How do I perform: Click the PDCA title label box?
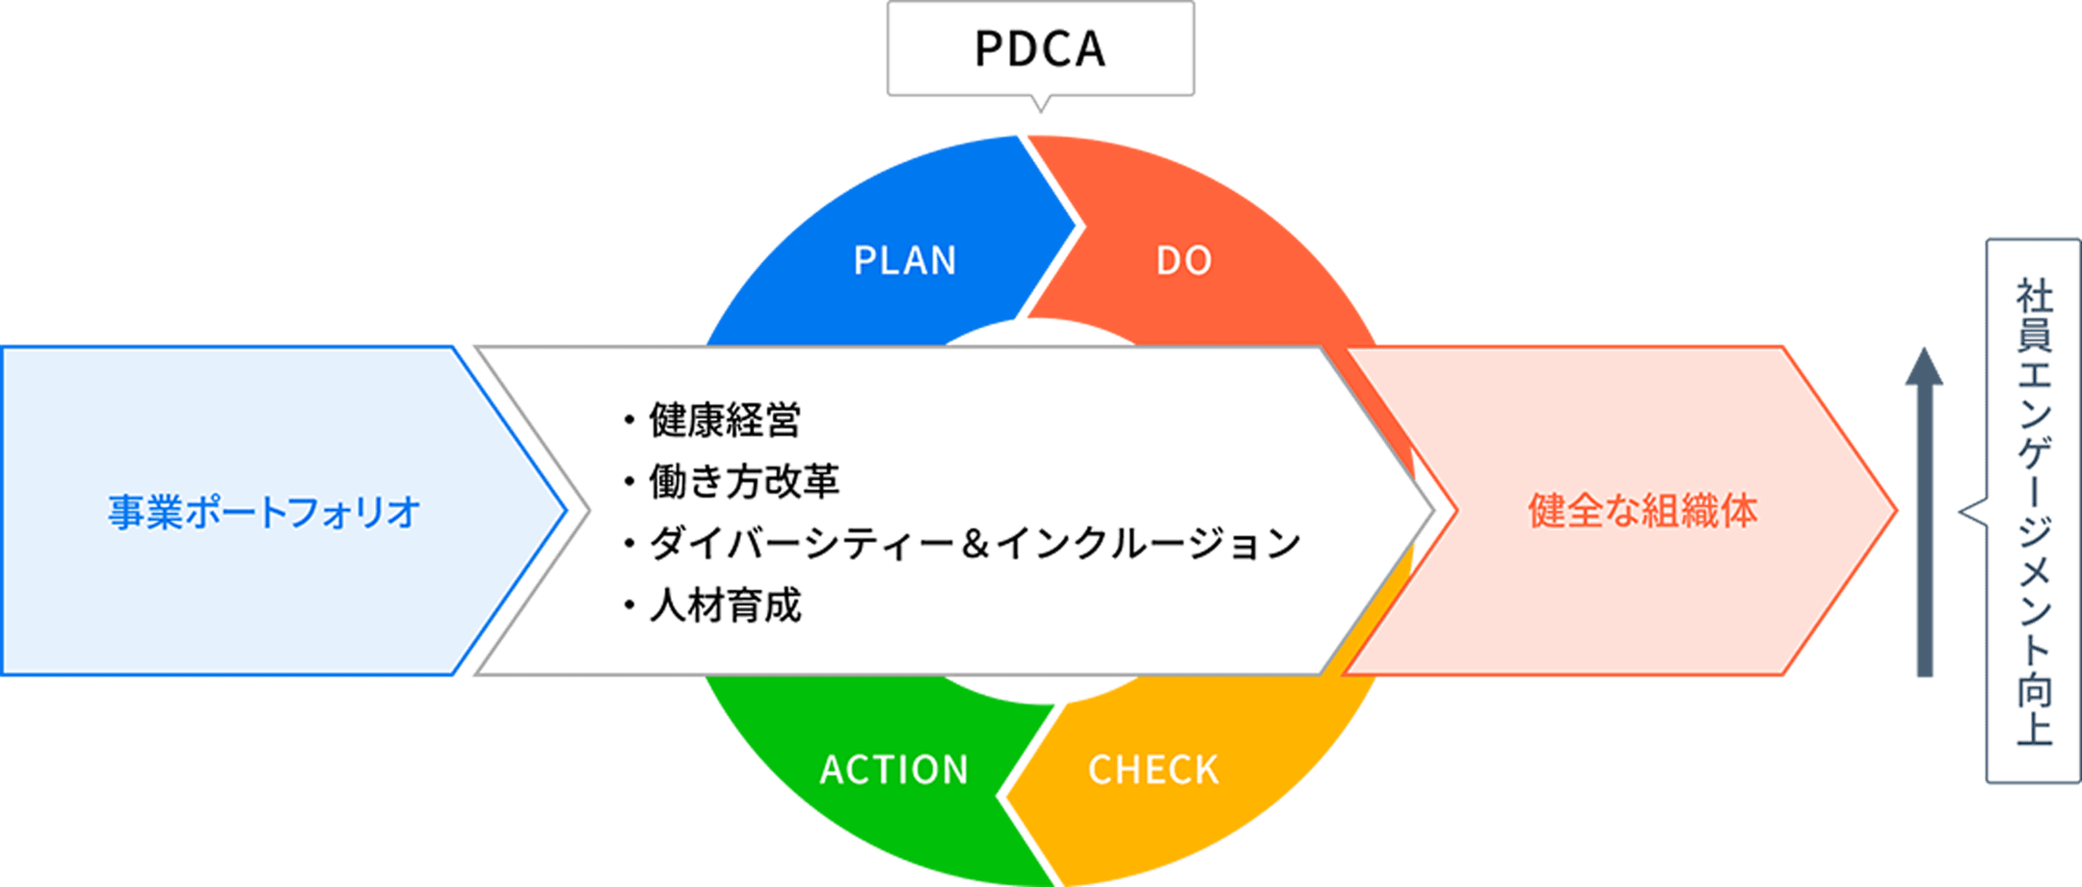pyautogui.click(x=1040, y=48)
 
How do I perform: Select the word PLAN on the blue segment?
pyautogui.click(x=905, y=260)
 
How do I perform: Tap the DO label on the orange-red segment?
pyautogui.click(x=1184, y=260)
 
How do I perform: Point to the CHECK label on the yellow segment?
pyautogui.click(x=1153, y=769)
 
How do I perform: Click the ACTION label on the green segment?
pyautogui.click(x=894, y=769)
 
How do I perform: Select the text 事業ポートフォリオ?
pyautogui.click(x=263, y=512)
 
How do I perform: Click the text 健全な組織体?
pyautogui.click(x=1642, y=511)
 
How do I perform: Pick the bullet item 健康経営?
pyautogui.click(x=724, y=420)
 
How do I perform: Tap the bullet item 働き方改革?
pyautogui.click(x=743, y=481)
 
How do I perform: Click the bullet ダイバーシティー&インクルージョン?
pyautogui.click(x=974, y=544)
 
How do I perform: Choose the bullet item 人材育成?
pyautogui.click(x=724, y=605)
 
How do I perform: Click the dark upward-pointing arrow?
pyautogui.click(x=1924, y=511)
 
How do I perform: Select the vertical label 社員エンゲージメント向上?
pyautogui.click(x=2034, y=511)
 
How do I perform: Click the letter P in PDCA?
pyautogui.click(x=988, y=48)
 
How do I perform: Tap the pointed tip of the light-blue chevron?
pyautogui.click(x=564, y=511)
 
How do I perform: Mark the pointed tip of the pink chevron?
pyautogui.click(x=1895, y=511)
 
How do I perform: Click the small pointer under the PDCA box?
pyautogui.click(x=1040, y=105)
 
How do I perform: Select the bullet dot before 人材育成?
pyautogui.click(x=629, y=606)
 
